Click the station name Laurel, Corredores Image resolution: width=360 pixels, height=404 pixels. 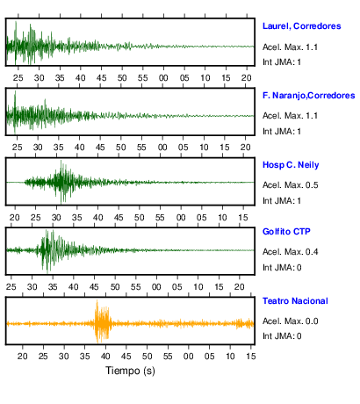pyautogui.click(x=302, y=26)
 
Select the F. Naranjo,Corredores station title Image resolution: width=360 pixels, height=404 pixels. pyautogui.click(x=309, y=96)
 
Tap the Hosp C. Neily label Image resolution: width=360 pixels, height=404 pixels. pyautogui.click(x=291, y=165)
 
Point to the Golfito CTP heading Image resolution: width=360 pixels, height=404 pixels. pyautogui.click(x=286, y=232)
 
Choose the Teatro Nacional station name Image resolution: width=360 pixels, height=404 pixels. pyautogui.click(x=295, y=301)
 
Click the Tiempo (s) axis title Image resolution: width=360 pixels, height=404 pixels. pyautogui.click(x=130, y=371)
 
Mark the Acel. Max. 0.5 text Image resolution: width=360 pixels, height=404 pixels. pyautogui.click(x=291, y=185)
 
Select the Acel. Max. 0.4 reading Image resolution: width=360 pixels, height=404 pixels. pyautogui.click(x=291, y=252)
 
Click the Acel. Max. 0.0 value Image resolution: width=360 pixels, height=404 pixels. pyautogui.click(x=291, y=321)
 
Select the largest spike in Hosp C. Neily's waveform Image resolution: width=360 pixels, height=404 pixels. pyautogui.click(x=61, y=182)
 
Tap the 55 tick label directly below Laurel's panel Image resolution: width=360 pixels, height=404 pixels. pyautogui.click(x=143, y=78)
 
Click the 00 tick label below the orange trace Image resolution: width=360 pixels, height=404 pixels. pyautogui.click(x=188, y=357)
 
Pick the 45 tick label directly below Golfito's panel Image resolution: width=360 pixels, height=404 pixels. pyautogui.click(x=94, y=287)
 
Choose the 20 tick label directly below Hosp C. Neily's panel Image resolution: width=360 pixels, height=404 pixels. pyautogui.click(x=15, y=218)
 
